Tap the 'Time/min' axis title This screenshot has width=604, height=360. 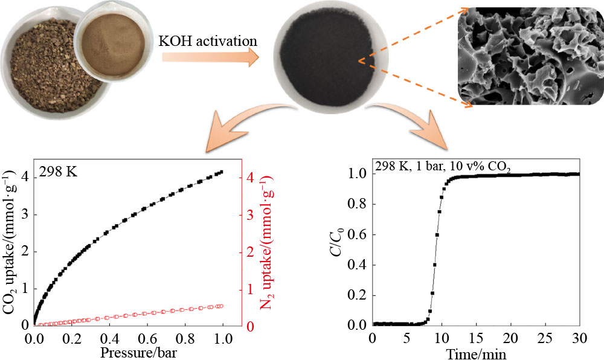475,351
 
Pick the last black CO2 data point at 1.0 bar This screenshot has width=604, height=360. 221,172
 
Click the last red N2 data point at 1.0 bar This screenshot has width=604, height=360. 221,306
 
